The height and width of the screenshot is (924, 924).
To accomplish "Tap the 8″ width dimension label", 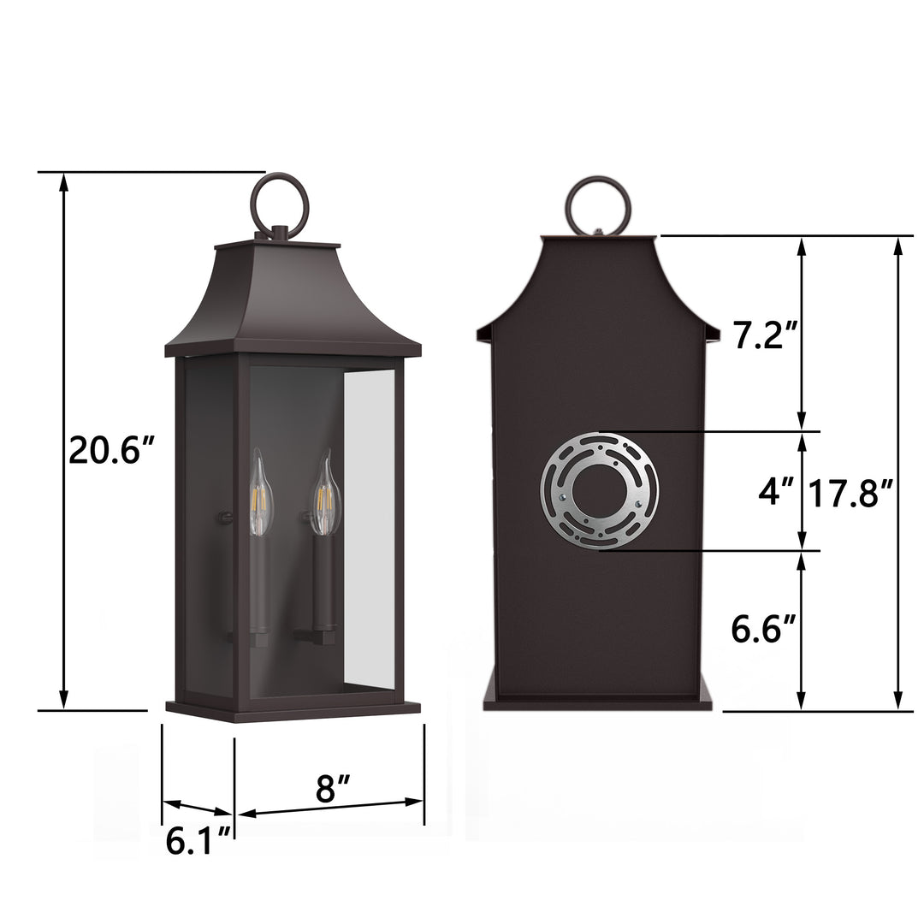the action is (333, 789).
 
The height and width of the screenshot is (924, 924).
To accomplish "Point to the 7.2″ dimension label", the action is (766, 335).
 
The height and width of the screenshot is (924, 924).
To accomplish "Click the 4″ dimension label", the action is (776, 490).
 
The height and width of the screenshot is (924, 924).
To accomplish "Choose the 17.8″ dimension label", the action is (850, 493).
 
